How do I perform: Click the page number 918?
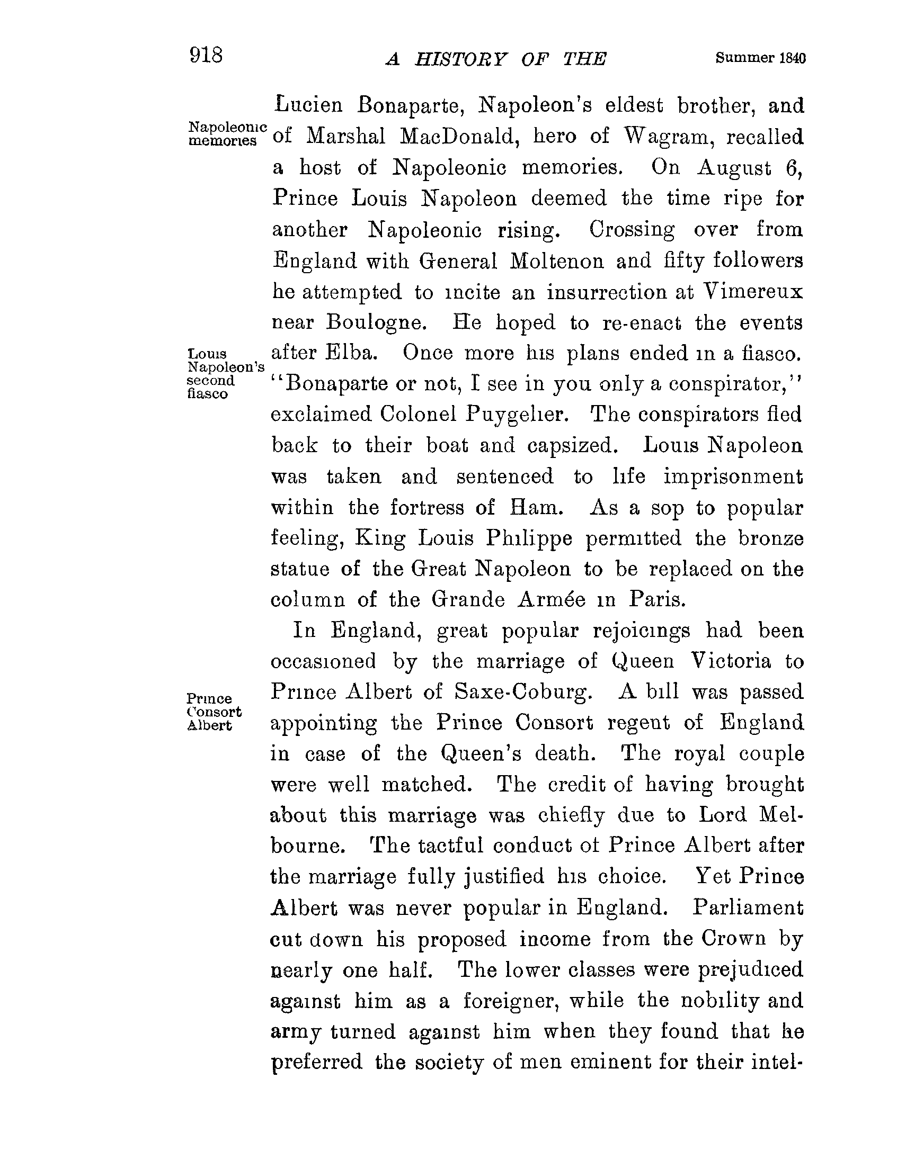point(206,55)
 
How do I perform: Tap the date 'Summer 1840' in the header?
point(760,58)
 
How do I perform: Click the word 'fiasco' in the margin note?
point(208,394)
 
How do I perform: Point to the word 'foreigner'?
point(511,1001)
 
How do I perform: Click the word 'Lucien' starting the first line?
point(308,105)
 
